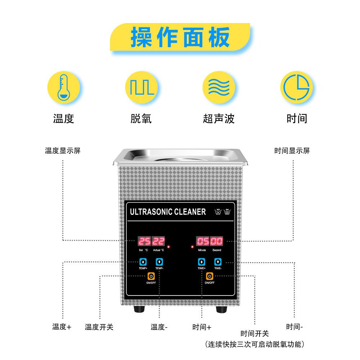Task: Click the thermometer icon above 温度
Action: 64,87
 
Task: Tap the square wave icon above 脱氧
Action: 141,87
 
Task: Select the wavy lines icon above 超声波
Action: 219,87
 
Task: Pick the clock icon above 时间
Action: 297,87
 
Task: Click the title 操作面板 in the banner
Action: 180,37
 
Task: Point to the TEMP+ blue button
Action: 143,262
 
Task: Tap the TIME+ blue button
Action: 202,262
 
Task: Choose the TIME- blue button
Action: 218,262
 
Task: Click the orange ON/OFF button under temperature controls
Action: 151,276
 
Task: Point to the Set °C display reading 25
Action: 144,241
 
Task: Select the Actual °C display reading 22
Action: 158,241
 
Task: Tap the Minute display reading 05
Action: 203,241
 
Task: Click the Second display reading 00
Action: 216,241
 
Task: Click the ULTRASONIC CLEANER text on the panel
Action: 168,212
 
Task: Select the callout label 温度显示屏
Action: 63,150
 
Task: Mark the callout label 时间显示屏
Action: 292,150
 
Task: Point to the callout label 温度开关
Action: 99,327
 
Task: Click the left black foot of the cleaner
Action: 139,309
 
